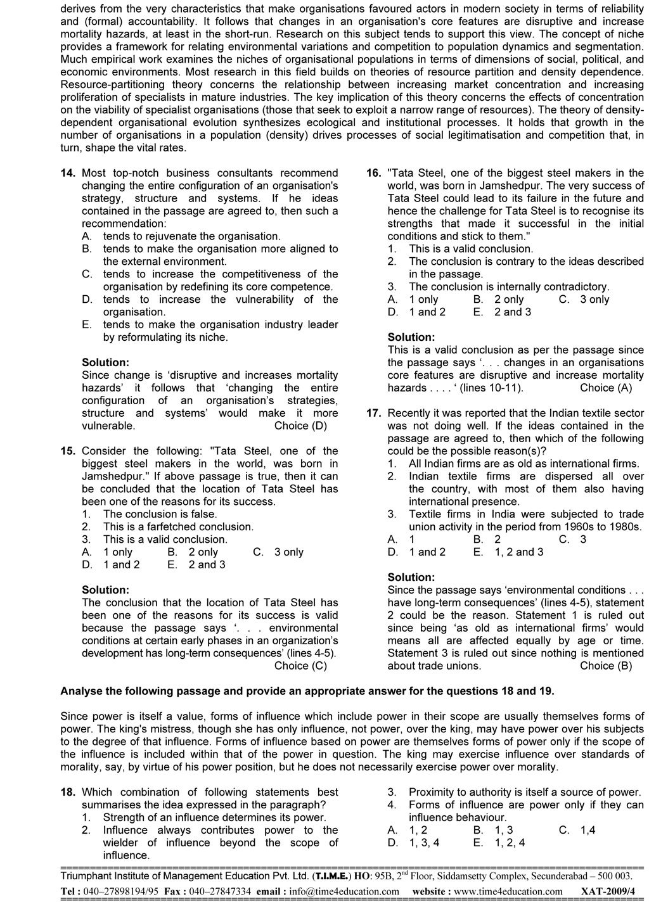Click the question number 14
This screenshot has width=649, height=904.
pyautogui.click(x=68, y=173)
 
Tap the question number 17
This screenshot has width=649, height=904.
pyautogui.click(x=373, y=413)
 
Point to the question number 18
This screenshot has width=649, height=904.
pyautogui.click(x=68, y=793)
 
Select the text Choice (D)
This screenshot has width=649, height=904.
pyautogui.click(x=300, y=426)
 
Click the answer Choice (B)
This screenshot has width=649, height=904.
pyautogui.click(x=606, y=666)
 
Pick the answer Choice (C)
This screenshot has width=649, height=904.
pyautogui.click(x=300, y=666)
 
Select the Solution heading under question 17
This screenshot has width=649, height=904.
pyautogui.click(x=411, y=578)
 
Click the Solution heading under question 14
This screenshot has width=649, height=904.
pyautogui.click(x=105, y=362)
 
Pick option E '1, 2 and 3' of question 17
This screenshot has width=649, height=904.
pyautogui.click(x=508, y=552)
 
